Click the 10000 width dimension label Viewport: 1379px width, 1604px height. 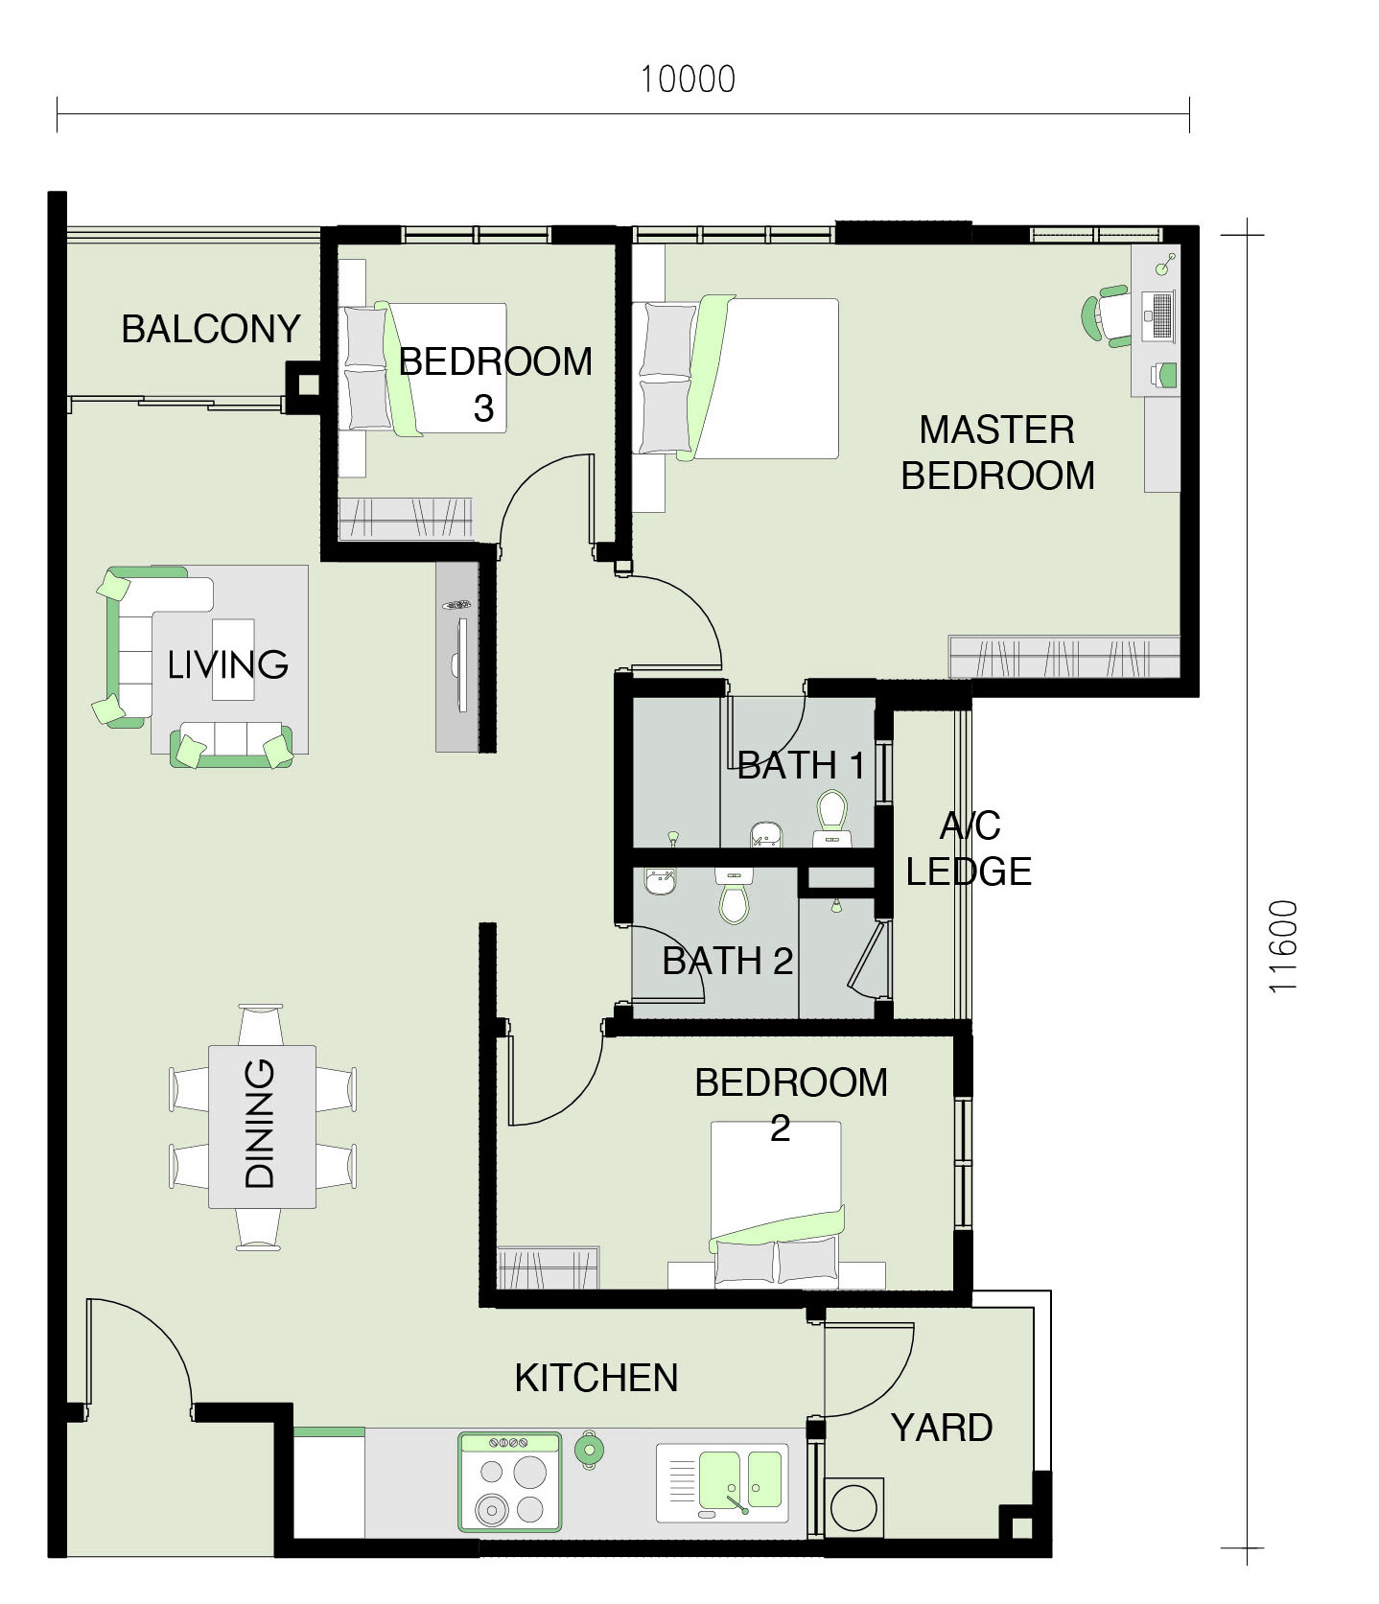tap(688, 79)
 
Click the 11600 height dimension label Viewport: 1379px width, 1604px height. tap(1282, 946)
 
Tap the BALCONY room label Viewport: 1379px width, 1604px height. tap(211, 329)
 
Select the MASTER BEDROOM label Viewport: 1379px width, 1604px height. tap(997, 453)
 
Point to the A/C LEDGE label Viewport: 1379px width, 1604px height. tap(969, 848)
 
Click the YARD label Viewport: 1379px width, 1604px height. tap(942, 1428)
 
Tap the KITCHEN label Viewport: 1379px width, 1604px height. tap(596, 1378)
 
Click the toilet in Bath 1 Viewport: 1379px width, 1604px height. tap(830, 818)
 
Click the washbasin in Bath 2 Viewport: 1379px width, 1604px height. tap(660, 880)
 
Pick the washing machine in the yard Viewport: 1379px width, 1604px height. tap(853, 1506)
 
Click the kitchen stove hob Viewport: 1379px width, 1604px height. tap(510, 1481)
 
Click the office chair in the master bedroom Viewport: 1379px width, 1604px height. tap(1106, 315)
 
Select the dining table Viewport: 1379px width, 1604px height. tap(262, 1127)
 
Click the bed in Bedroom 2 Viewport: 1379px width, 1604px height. tap(777, 1204)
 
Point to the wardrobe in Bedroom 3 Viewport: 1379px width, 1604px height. tap(407, 519)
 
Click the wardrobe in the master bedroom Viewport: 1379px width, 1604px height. tap(1064, 657)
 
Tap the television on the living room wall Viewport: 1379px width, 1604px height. tap(462, 664)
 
